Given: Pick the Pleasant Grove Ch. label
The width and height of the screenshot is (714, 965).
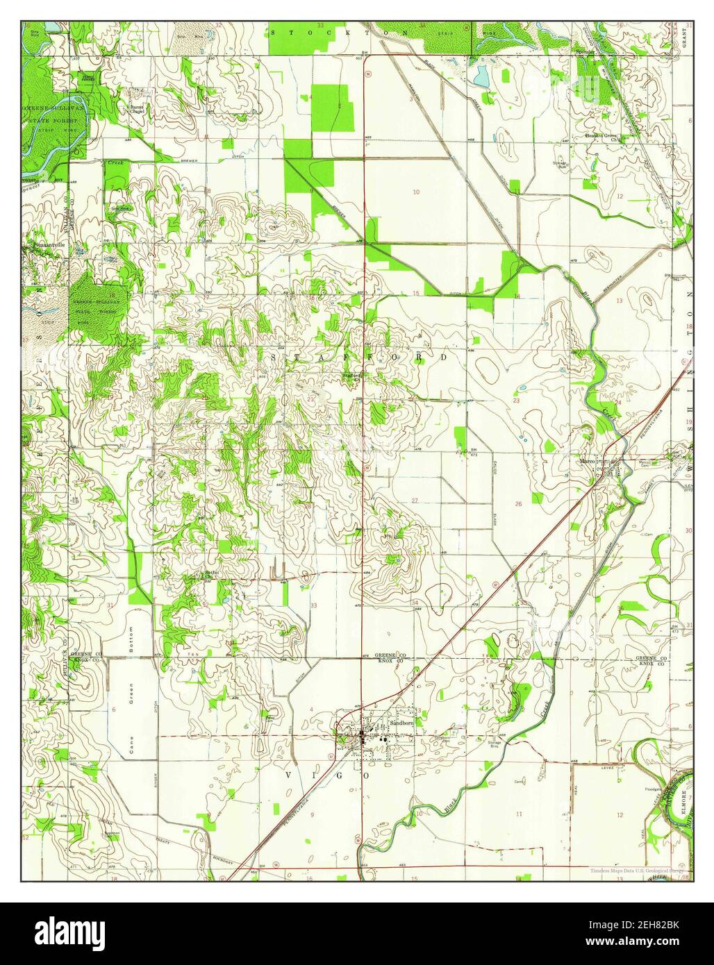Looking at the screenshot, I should [x=601, y=137].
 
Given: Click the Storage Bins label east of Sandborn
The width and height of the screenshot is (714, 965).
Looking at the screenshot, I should [x=494, y=744].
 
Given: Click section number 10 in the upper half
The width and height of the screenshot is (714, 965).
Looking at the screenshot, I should [x=416, y=192].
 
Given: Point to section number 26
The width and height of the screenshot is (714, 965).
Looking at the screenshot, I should [x=518, y=503].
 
